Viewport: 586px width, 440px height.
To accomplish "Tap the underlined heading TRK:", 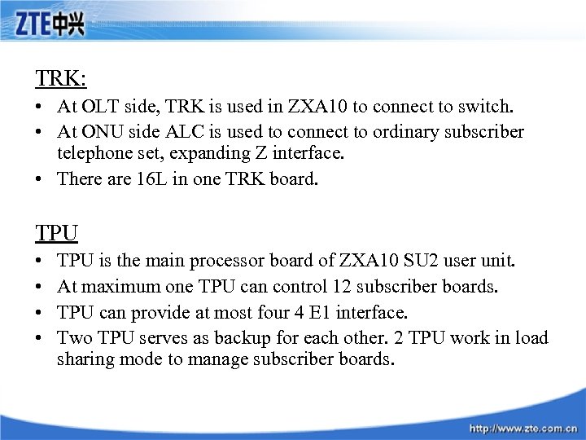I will coord(61,78).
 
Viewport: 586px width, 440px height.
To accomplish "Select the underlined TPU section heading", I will coord(56,234).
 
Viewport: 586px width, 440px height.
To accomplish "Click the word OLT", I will coord(102,106).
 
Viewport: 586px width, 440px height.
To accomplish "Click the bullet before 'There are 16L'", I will coord(40,178).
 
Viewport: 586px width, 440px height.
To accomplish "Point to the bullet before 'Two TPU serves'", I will coord(40,337).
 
